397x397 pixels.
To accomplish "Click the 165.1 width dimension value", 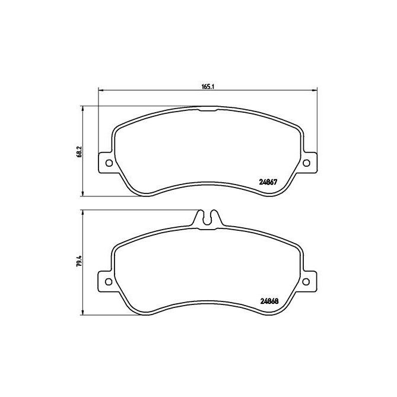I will click(x=207, y=87).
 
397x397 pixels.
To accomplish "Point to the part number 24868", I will click(x=270, y=299).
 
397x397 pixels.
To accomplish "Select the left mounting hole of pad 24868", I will click(x=109, y=282).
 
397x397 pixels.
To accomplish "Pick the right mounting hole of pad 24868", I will click(x=307, y=282).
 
